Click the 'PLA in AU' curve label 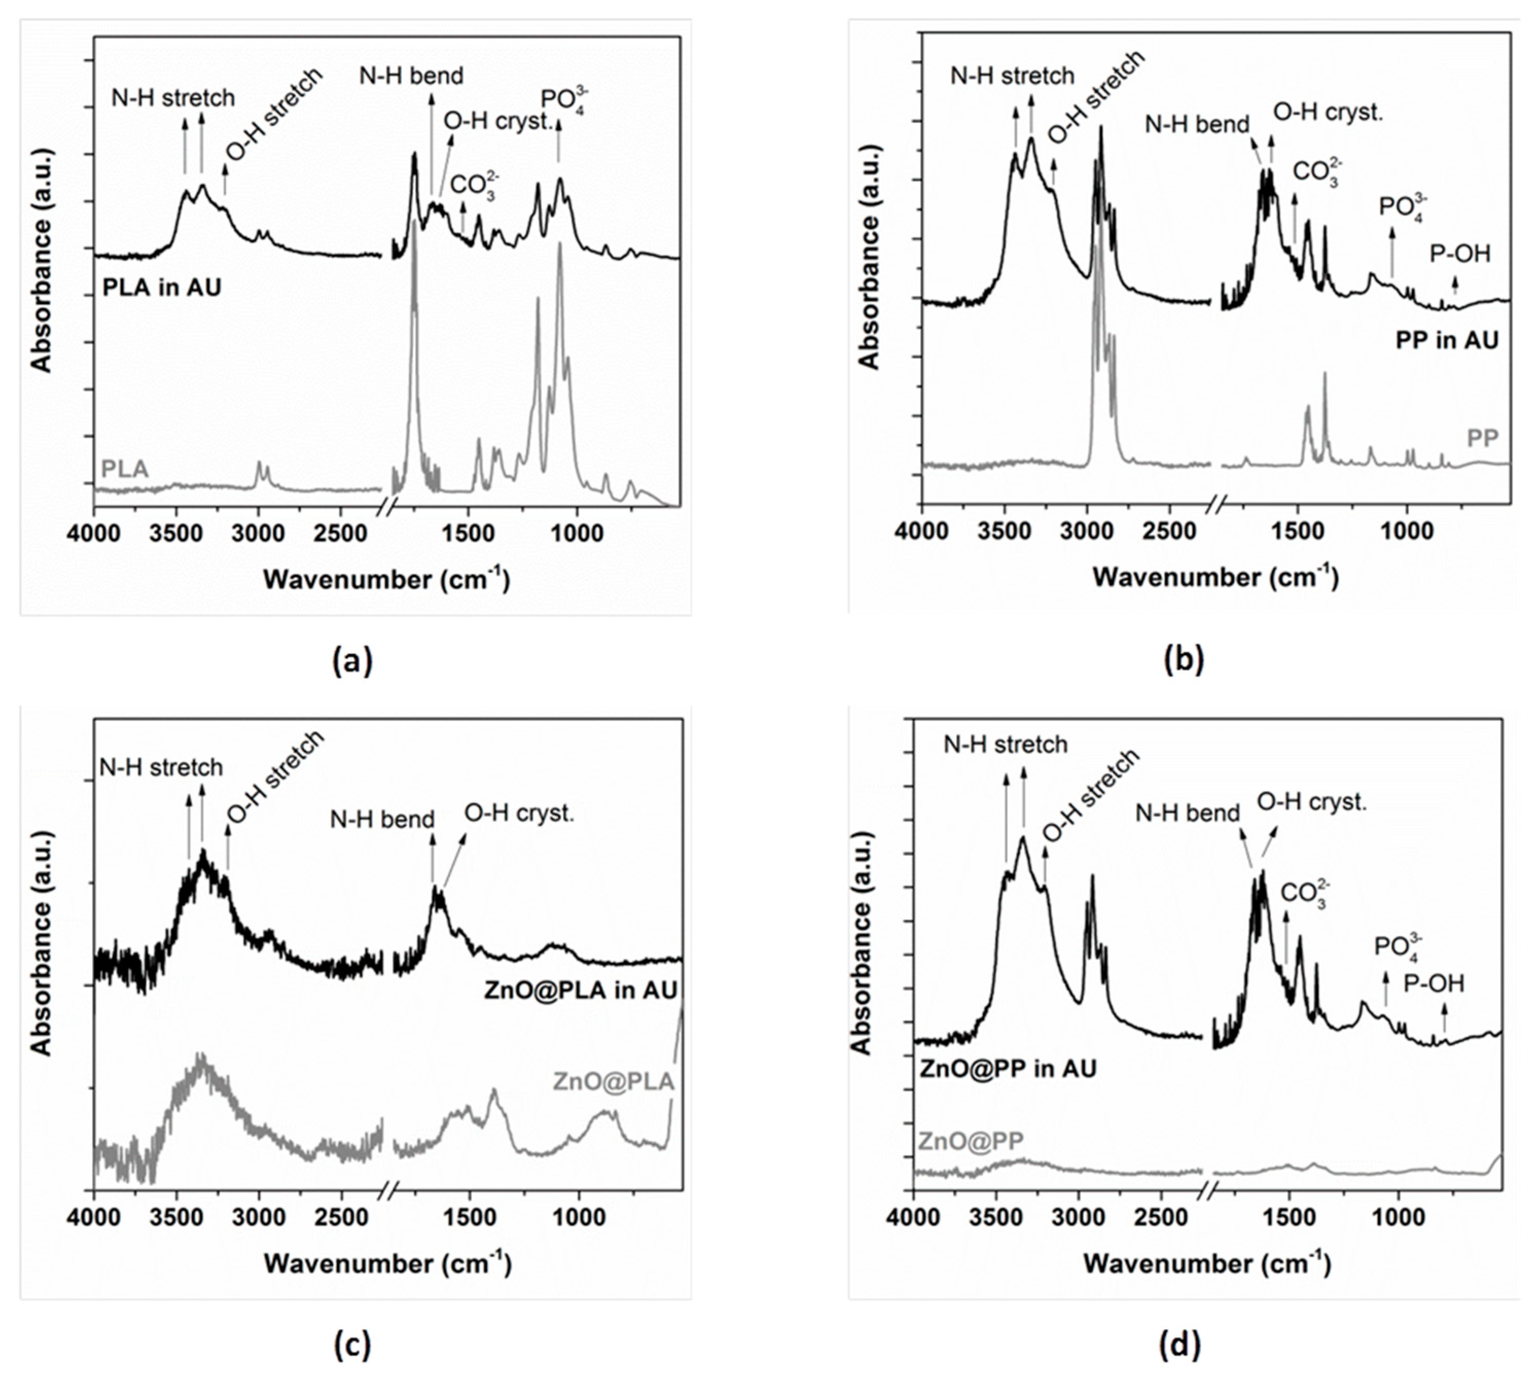161,287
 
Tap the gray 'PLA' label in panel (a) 124,469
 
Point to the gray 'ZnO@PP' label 970,1141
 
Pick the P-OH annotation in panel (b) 1460,255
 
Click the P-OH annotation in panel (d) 1434,984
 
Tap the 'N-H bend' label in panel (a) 411,76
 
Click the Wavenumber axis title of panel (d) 1206,1263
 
